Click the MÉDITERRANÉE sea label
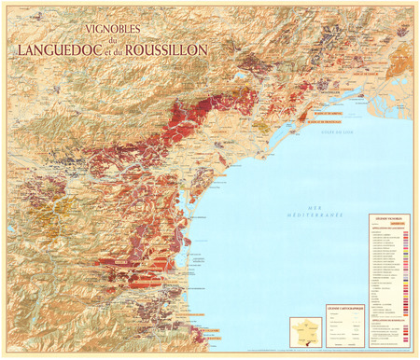coord(317,215)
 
